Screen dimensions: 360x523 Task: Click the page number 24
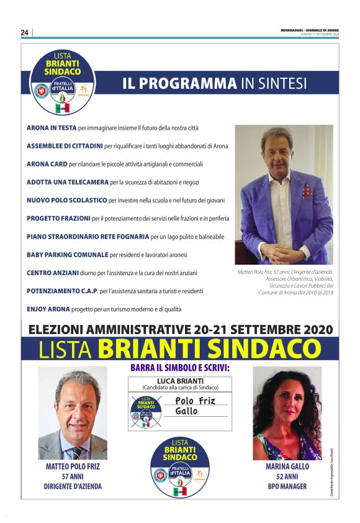(x=25, y=32)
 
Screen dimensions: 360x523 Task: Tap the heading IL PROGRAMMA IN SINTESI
(x=214, y=83)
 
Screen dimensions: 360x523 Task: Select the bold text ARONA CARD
(x=47, y=164)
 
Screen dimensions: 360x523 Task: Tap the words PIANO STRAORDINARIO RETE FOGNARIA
(x=88, y=237)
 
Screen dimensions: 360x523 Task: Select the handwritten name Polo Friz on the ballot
(x=195, y=401)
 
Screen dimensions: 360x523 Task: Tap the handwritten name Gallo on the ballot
(x=186, y=411)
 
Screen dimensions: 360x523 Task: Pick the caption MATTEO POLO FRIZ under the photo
(x=73, y=466)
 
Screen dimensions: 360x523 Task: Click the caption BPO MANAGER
(x=287, y=486)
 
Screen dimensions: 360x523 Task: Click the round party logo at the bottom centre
(x=180, y=467)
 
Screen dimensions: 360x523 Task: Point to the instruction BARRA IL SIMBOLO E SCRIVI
(x=180, y=368)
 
